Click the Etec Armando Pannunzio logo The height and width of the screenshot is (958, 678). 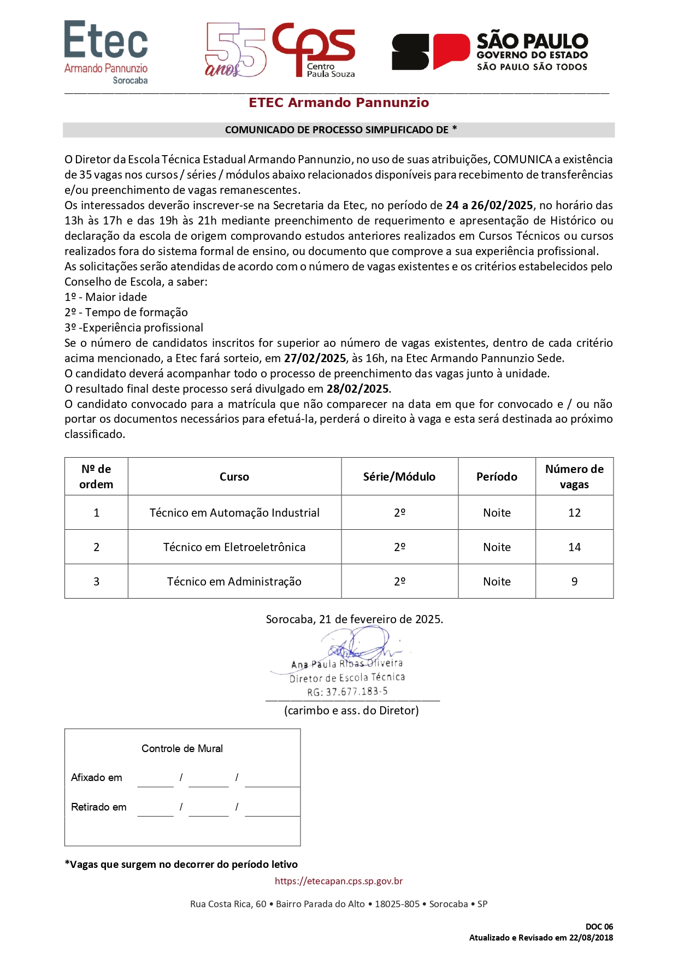[x=106, y=52]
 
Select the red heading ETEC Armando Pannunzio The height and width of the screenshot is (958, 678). [x=339, y=103]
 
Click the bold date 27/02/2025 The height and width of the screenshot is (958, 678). [x=315, y=358]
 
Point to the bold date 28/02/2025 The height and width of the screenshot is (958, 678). [x=358, y=389]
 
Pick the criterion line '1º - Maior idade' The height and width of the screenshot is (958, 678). [x=106, y=297]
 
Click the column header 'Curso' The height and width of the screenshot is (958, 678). [x=234, y=477]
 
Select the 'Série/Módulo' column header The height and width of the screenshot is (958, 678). [x=399, y=477]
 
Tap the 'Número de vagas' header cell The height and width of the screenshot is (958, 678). [x=574, y=477]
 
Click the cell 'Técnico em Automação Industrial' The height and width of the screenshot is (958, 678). [x=234, y=513]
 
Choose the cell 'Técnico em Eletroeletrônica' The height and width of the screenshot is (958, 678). [x=234, y=547]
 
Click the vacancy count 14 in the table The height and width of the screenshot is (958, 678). [x=574, y=547]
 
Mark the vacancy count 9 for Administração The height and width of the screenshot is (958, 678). [x=574, y=582]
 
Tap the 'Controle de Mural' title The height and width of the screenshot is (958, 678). [x=182, y=748]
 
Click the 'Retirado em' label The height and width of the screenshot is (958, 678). [x=99, y=807]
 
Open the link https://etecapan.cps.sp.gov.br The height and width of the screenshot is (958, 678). [x=339, y=881]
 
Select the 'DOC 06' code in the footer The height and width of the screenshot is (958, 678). [x=599, y=926]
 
